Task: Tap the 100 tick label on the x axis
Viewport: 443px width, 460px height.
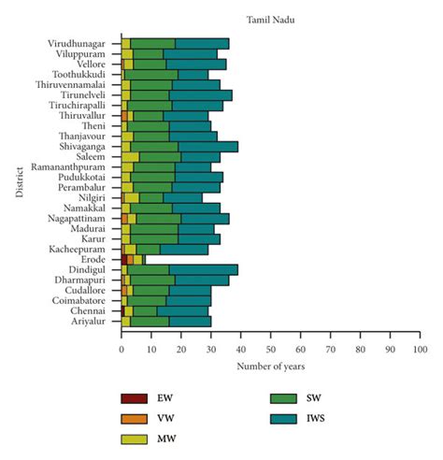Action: click(x=420, y=349)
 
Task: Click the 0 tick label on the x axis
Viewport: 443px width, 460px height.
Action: click(x=121, y=349)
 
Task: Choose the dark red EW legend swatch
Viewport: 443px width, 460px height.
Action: click(x=136, y=397)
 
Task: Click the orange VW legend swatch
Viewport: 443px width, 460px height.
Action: click(x=136, y=418)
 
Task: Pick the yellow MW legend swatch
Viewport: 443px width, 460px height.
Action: click(x=136, y=438)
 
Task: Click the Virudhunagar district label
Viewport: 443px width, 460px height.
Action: click(x=81, y=44)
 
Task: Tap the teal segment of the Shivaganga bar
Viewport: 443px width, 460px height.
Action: click(x=208, y=147)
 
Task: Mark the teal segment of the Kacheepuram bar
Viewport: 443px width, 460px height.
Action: click(x=184, y=249)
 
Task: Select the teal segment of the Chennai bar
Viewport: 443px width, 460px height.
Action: click(x=183, y=310)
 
